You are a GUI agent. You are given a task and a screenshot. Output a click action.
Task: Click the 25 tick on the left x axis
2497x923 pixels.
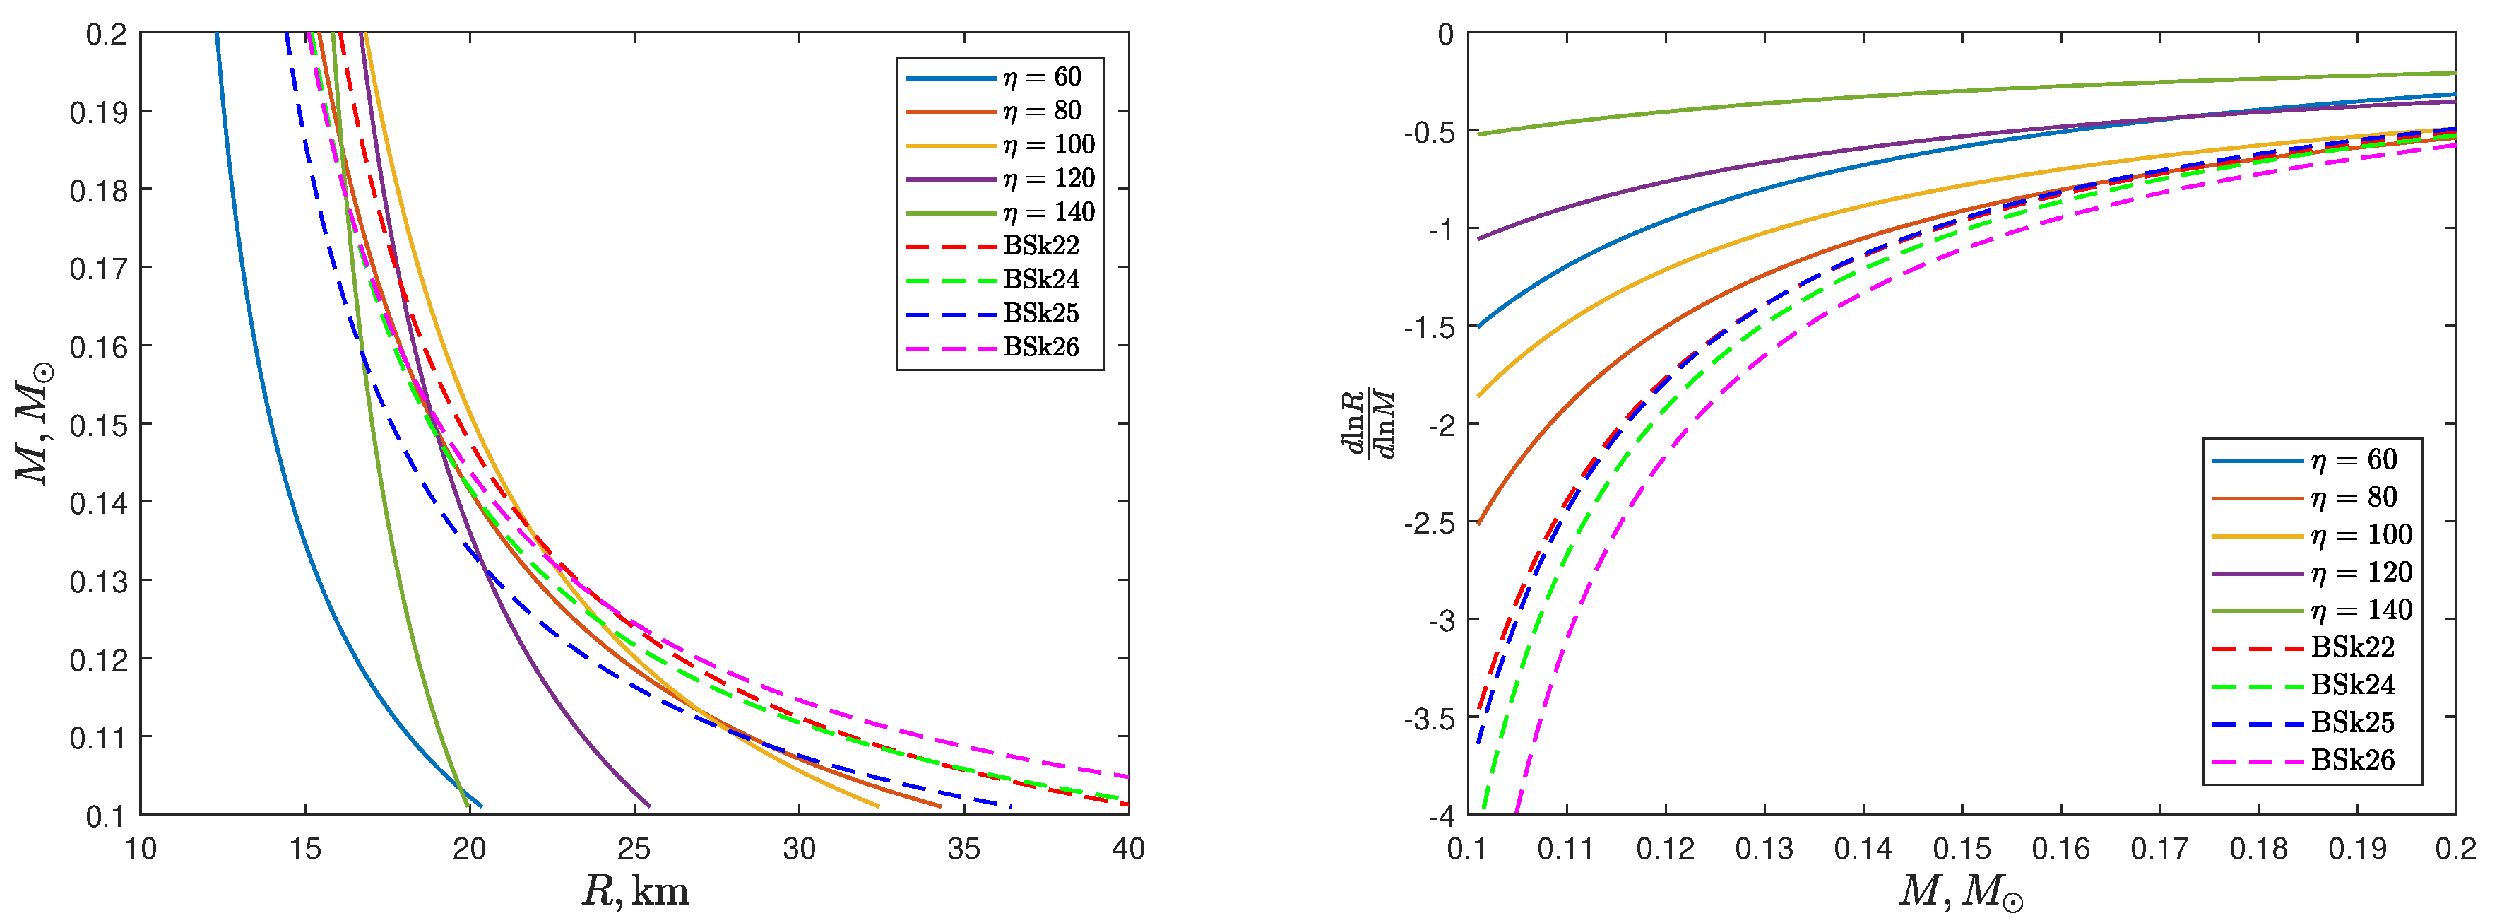pyautogui.click(x=634, y=849)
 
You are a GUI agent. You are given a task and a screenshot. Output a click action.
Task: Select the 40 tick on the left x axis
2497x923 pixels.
pyautogui.click(x=1127, y=849)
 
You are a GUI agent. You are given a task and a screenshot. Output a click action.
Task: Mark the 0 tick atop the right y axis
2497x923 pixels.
pyautogui.click(x=1445, y=35)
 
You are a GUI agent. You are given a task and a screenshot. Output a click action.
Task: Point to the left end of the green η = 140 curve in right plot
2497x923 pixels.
pyautogui.click(x=1478, y=134)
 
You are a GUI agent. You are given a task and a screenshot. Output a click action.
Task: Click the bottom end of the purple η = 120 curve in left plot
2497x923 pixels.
pyautogui.click(x=649, y=806)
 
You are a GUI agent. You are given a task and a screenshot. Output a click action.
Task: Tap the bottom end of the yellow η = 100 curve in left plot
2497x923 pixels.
pyautogui.click(x=878, y=806)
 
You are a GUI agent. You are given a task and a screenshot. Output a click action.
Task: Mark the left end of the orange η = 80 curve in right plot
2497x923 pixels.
pyautogui.click(x=1478, y=524)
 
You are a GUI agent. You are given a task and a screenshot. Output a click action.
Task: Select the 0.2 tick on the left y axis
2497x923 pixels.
pyautogui.click(x=106, y=35)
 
